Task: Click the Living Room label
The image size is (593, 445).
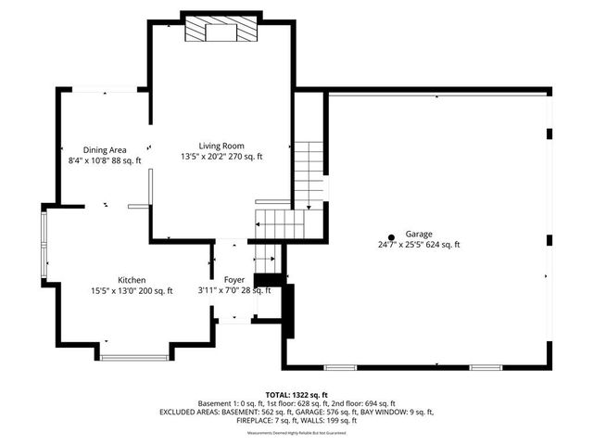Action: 221,146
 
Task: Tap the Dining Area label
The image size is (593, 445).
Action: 105,149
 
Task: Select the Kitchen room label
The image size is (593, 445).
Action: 131,280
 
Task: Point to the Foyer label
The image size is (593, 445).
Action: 234,279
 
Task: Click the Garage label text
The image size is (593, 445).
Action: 418,235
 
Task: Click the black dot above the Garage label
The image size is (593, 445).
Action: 391,237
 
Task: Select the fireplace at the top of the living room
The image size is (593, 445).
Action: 221,30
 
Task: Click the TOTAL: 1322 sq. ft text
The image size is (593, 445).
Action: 296,394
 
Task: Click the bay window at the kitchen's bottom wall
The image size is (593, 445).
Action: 134,356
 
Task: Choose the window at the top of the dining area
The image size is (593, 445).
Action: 105,90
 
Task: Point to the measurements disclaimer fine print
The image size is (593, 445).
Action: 296,432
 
